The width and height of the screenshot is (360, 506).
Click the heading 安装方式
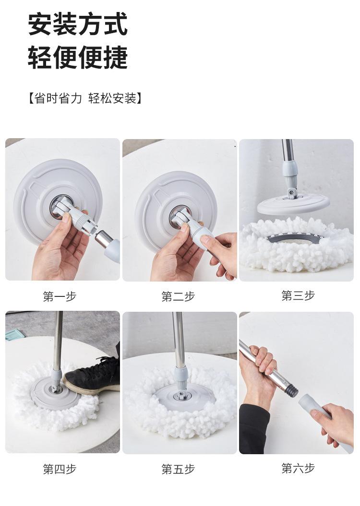[x=78, y=24]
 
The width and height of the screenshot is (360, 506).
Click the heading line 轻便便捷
[x=78, y=58]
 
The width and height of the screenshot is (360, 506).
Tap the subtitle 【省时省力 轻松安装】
[x=85, y=98]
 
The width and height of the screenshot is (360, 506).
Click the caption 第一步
[x=60, y=296]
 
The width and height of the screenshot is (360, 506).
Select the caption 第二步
[x=178, y=296]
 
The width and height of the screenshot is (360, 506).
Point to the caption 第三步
[x=298, y=295]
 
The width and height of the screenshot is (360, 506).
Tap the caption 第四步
[x=60, y=469]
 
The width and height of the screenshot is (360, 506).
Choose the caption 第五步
[x=178, y=469]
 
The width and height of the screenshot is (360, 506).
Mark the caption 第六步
[x=298, y=468]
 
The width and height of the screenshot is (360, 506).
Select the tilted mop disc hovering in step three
[x=293, y=204]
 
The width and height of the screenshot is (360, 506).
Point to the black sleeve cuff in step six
[x=254, y=429]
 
